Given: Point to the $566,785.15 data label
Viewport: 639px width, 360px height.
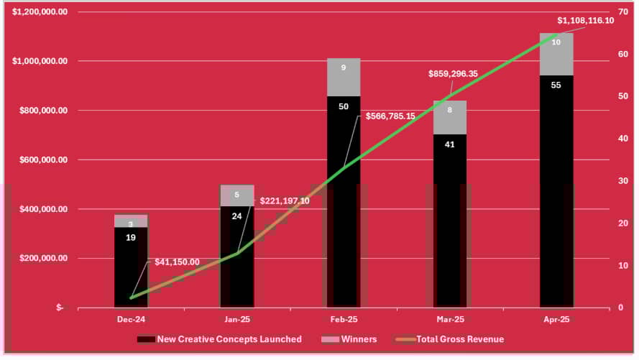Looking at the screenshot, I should [x=395, y=116].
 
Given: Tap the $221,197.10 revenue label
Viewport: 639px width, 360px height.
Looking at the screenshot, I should [x=285, y=200].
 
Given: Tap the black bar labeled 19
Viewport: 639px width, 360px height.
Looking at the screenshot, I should [x=131, y=267].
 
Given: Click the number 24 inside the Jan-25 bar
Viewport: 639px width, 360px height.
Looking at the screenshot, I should [x=236, y=216].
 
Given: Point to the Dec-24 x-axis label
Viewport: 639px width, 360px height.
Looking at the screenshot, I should [x=131, y=318].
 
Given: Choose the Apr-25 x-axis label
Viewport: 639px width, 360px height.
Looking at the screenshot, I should [x=556, y=318].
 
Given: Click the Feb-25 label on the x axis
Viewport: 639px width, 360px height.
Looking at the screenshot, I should [x=344, y=318].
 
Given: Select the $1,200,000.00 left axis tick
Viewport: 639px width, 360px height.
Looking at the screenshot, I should [x=40, y=12].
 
